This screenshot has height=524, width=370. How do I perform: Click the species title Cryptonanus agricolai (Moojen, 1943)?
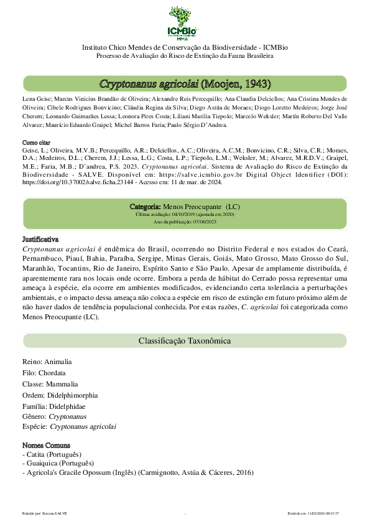click(185, 83)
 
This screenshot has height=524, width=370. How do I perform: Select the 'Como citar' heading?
click(36, 143)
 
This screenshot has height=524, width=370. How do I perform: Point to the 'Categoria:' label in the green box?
click(145, 206)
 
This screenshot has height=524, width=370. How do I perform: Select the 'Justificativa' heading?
click(40, 239)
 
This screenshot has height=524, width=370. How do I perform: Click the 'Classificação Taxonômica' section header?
click(185, 340)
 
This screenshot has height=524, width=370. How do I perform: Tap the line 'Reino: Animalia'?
click(47, 362)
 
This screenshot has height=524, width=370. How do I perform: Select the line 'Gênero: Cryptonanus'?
click(54, 416)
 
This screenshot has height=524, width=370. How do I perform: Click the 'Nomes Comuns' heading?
click(46, 445)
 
